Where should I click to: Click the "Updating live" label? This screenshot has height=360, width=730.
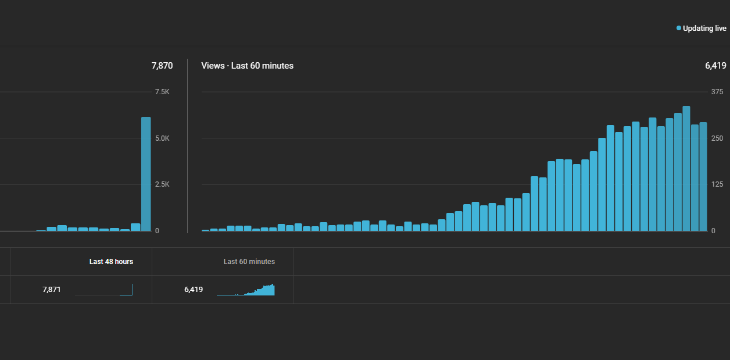704,28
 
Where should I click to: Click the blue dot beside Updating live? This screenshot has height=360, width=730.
678,28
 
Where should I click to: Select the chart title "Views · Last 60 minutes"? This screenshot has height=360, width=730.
247,66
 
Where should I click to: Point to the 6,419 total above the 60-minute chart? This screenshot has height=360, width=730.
715,66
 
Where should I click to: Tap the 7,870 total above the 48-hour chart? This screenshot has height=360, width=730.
162,66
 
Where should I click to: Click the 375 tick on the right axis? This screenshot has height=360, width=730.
717,92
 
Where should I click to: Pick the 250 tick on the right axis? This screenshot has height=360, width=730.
717,138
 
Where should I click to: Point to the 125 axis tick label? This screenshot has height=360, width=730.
717,184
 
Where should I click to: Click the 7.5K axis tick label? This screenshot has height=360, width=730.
162,92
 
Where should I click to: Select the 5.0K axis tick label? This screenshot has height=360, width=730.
162,138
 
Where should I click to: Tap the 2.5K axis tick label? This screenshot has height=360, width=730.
162,184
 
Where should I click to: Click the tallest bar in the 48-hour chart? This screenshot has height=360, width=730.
146,174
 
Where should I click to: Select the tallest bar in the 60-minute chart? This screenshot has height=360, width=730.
686,169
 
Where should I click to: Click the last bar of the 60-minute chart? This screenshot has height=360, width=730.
703,177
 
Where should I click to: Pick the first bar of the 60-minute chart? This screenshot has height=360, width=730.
205,230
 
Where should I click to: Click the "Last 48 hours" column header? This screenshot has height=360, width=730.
111,262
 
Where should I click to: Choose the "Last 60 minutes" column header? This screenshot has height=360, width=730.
249,262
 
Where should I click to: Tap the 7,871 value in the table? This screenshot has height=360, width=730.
52,290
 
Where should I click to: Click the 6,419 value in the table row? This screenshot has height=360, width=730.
194,290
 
